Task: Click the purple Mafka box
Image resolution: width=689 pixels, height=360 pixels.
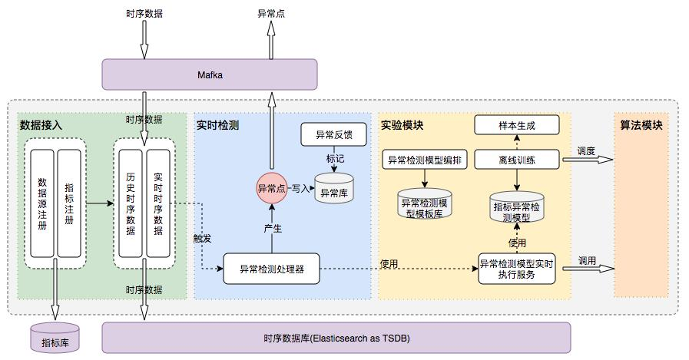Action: click(210, 75)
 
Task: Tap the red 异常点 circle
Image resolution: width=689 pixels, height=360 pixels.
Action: click(270, 187)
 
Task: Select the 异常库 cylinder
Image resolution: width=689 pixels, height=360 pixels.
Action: click(334, 191)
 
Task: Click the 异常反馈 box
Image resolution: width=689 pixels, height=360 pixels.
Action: click(334, 134)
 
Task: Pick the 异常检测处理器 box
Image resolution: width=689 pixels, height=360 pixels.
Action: click(271, 269)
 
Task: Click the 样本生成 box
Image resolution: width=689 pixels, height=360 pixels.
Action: click(516, 125)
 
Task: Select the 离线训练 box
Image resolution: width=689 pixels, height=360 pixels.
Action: click(516, 160)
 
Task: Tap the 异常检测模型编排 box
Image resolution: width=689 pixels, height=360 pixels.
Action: click(425, 160)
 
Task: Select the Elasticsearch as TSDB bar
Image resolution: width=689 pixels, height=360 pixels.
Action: click(336, 338)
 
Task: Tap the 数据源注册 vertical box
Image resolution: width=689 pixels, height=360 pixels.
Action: click(42, 203)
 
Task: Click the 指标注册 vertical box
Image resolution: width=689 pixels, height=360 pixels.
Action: click(69, 203)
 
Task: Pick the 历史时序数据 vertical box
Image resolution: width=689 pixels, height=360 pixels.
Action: click(131, 203)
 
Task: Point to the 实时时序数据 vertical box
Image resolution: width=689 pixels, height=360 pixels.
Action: click(157, 203)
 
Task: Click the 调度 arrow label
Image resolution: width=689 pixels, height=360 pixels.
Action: click(587, 151)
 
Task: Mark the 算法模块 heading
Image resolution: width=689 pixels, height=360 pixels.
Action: click(641, 125)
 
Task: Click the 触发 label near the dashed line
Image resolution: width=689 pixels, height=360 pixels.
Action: click(202, 238)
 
